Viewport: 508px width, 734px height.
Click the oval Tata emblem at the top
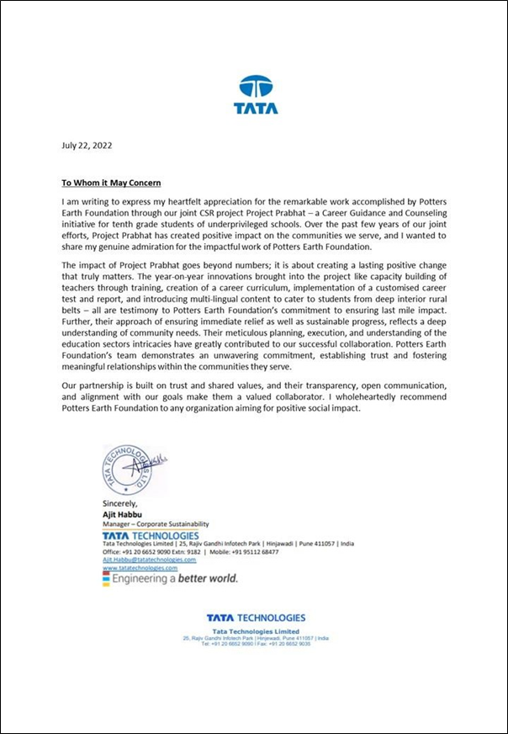pos(255,87)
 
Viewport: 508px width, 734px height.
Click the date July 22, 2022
pos(87,145)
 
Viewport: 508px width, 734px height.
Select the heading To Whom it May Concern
pos(111,183)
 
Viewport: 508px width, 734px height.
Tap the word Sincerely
pos(119,504)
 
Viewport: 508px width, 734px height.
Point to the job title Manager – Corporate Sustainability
pos(155,524)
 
